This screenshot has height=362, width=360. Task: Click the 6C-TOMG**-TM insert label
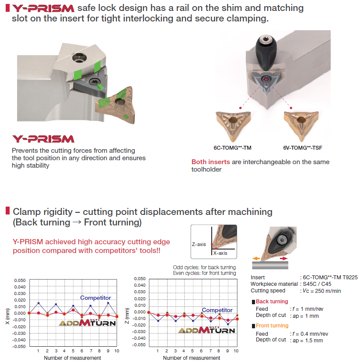coord(232,148)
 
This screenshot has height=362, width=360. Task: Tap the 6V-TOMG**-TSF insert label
coord(303,148)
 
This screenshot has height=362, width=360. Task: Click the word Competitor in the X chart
coord(95,298)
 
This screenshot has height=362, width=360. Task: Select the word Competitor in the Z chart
coord(217,310)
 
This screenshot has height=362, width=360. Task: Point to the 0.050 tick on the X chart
coord(20,280)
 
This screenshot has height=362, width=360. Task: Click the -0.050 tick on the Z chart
coord(139,344)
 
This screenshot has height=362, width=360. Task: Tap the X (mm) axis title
coord(7,316)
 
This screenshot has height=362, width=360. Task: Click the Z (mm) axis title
coord(127,316)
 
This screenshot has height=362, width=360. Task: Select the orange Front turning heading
coord(272,326)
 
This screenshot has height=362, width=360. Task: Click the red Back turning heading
coord(272,302)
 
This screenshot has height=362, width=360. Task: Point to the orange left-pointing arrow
coord(256,259)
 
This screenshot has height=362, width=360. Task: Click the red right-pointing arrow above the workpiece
coord(283,259)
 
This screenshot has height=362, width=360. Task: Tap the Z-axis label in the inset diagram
coord(199,244)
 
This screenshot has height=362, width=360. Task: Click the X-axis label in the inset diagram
coord(220,253)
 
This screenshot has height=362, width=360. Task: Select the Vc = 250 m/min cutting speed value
coord(322,291)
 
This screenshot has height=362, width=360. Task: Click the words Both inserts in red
coord(211,162)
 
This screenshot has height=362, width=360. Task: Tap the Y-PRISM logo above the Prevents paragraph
coord(43,139)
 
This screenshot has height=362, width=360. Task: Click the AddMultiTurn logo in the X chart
coord(87,323)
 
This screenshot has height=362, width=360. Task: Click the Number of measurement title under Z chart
coord(192,358)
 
